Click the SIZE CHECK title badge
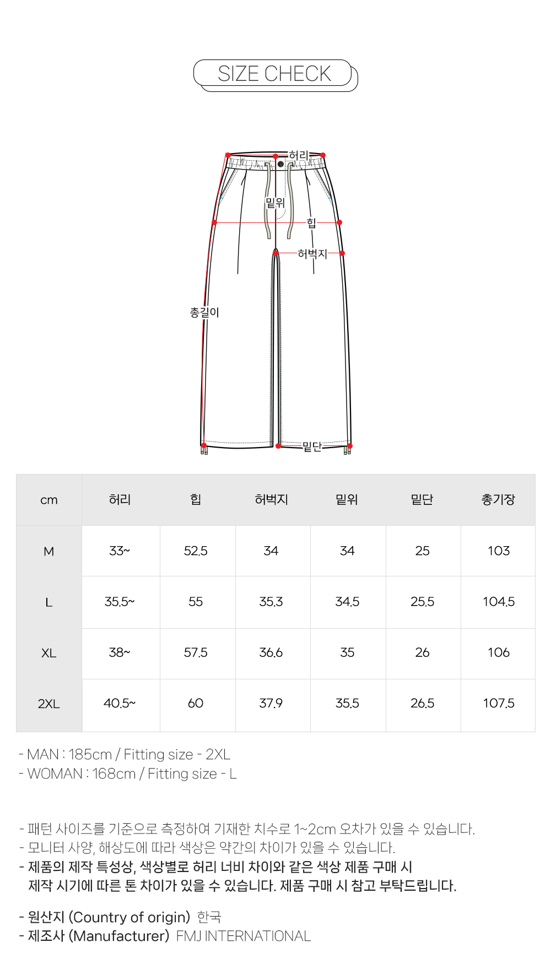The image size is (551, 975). click(x=275, y=74)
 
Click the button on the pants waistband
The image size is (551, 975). click(x=280, y=164)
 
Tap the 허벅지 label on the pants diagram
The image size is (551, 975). click(x=312, y=254)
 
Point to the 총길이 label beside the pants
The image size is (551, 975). click(x=204, y=313)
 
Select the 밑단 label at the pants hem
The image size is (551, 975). click(x=312, y=446)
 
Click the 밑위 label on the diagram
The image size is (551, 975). click(x=275, y=203)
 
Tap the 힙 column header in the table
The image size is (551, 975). click(x=196, y=499)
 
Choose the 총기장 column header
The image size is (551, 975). click(x=498, y=499)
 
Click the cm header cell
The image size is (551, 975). click(x=49, y=500)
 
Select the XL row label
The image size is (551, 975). click(x=49, y=653)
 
